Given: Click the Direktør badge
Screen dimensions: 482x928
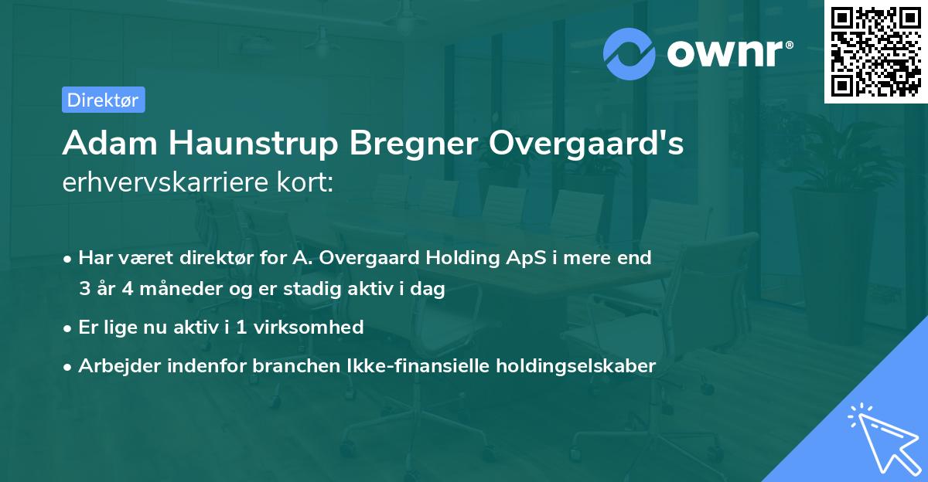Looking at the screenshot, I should tap(103, 100).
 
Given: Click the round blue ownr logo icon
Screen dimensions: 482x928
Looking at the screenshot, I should tap(629, 53).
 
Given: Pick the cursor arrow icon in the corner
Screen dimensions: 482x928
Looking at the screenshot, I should tap(882, 438).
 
